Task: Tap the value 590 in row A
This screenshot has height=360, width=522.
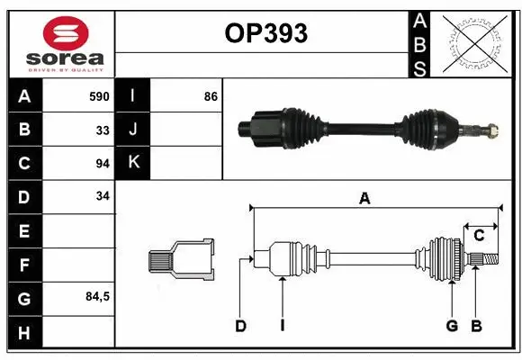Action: pyautogui.click(x=98, y=96)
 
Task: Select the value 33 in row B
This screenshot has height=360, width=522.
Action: pyautogui.click(x=102, y=130)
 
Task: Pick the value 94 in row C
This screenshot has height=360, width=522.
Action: pyautogui.click(x=102, y=163)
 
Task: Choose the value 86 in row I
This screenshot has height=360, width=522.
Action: pyautogui.click(x=211, y=96)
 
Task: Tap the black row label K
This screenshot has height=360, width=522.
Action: pyautogui.click(x=134, y=163)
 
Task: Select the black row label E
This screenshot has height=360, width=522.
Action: pyautogui.click(x=23, y=230)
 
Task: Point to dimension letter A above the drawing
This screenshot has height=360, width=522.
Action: pyautogui.click(x=364, y=199)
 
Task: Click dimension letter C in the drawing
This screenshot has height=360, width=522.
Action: pyautogui.click(x=480, y=236)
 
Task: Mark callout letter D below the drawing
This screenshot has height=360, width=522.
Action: pyautogui.click(x=241, y=326)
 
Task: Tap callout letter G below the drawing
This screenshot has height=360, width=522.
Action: pyautogui.click(x=452, y=326)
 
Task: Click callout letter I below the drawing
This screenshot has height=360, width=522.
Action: pyautogui.click(x=282, y=326)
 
